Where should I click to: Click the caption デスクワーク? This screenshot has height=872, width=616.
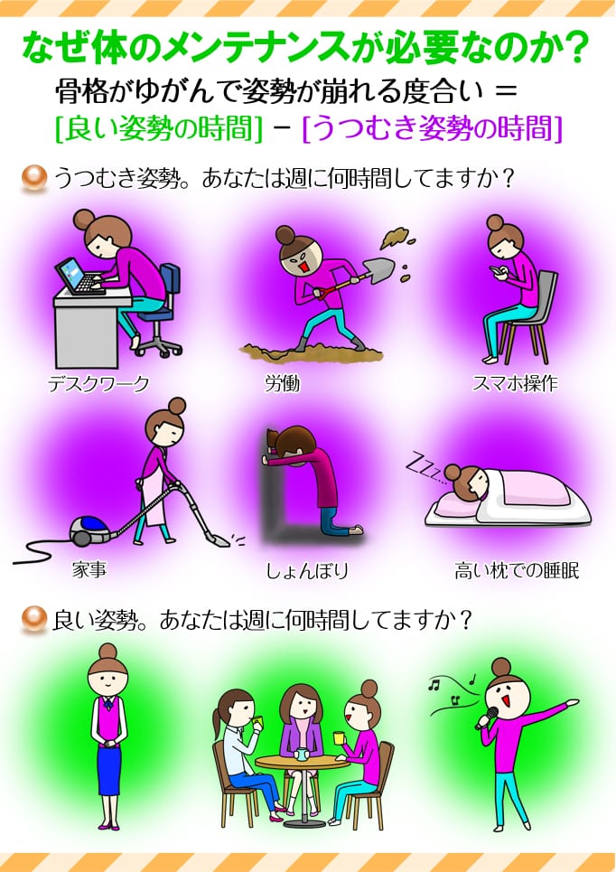click(98, 383)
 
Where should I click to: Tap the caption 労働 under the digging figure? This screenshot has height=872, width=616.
click(282, 383)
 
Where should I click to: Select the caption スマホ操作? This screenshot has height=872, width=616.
click(515, 383)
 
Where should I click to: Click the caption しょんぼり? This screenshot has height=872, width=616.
click(306, 571)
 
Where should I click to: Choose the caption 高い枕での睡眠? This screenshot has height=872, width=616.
click(517, 571)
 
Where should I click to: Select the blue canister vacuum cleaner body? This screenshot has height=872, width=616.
click(90, 529)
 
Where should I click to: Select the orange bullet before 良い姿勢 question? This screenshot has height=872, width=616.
click(33, 621)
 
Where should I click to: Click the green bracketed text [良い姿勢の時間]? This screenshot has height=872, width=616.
click(159, 129)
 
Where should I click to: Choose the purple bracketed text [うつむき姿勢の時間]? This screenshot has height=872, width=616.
click(432, 129)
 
